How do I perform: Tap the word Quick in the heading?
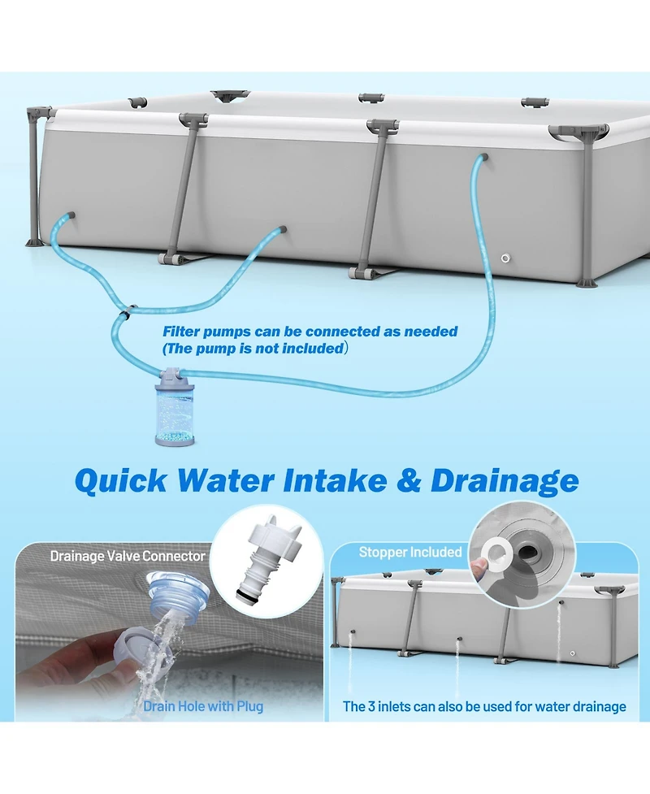[x=120, y=480]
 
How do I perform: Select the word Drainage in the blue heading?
[x=505, y=480]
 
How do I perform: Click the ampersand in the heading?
[x=409, y=480]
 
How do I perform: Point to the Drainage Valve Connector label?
[x=128, y=556]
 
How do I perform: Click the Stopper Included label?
[x=410, y=552]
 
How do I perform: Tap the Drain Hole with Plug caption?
[x=203, y=706]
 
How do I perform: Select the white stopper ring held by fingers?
[x=496, y=554]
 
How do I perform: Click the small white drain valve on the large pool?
[x=505, y=258]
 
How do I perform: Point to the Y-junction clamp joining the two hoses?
[x=126, y=311]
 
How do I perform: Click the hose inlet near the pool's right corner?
[x=484, y=158]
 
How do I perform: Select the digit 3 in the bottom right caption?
[x=372, y=706]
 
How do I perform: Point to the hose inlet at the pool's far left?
[x=71, y=215]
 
